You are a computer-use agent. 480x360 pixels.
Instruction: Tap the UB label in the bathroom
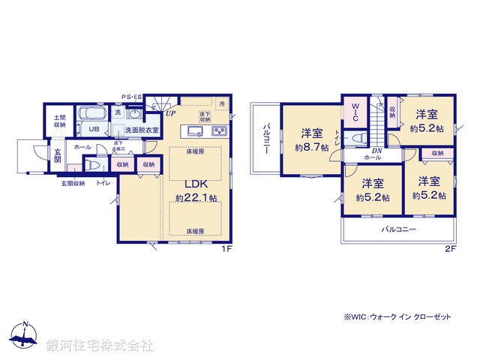click(94, 129)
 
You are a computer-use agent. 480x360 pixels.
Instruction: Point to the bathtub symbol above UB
click(94, 115)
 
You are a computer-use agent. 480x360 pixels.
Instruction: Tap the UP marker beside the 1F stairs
click(171, 114)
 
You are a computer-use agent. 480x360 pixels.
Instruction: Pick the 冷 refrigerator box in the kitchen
click(222, 104)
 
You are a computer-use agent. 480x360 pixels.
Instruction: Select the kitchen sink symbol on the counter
click(196, 132)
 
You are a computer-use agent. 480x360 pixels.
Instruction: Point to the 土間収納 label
click(59, 121)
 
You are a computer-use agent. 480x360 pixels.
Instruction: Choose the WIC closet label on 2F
click(355, 112)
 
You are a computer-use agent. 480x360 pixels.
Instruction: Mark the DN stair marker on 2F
click(376, 150)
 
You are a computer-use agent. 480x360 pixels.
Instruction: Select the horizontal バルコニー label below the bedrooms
click(398, 229)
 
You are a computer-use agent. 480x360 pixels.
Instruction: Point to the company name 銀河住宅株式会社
click(100, 346)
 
